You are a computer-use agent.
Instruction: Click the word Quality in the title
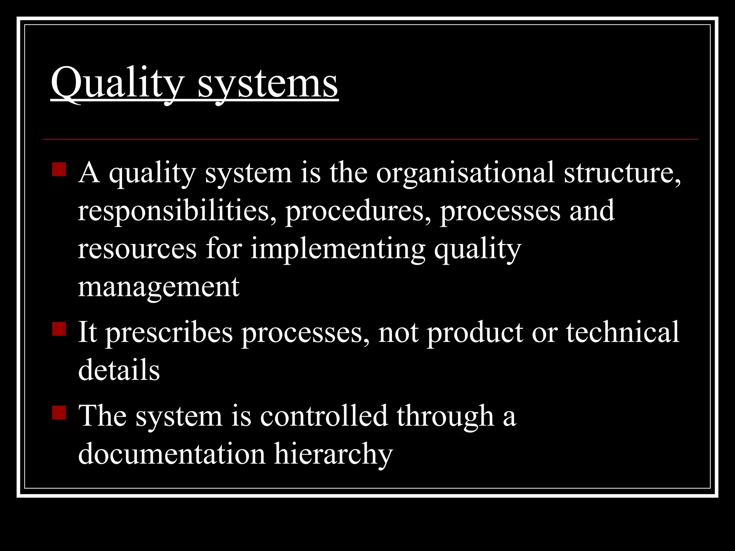coord(117,83)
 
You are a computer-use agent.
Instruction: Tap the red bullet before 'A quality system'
coord(59,169)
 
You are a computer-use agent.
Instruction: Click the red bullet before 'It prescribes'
coord(59,329)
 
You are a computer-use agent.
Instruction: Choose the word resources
coord(137,249)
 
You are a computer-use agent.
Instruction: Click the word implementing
coord(337,250)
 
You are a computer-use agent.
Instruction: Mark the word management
coord(159,288)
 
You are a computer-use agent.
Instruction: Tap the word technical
coord(623,332)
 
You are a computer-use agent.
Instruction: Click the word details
coord(119,370)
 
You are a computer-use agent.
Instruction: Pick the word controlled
coord(324,416)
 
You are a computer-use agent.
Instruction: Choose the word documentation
coord(172,454)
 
